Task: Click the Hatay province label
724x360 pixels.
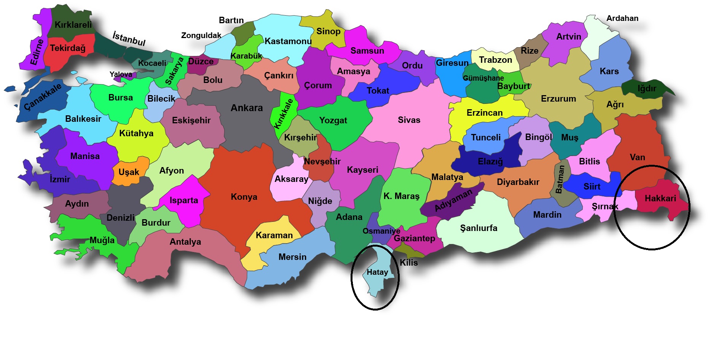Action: pyautogui.click(x=377, y=272)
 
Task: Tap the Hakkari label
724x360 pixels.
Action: pyautogui.click(x=660, y=198)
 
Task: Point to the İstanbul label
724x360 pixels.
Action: pyautogui.click(x=129, y=39)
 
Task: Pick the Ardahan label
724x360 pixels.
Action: pyautogui.click(x=622, y=18)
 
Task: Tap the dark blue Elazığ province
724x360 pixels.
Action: pyautogui.click(x=490, y=161)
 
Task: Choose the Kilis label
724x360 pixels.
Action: pyautogui.click(x=409, y=263)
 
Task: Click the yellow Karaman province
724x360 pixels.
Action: pyautogui.click(x=274, y=235)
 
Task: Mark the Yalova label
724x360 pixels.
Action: pyautogui.click(x=121, y=74)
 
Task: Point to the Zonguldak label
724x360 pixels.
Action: pyautogui.click(x=201, y=35)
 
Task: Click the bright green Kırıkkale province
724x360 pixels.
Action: pyautogui.click(x=284, y=113)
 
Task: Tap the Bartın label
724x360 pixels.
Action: pyautogui.click(x=231, y=20)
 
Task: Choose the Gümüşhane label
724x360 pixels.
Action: pyautogui.click(x=483, y=78)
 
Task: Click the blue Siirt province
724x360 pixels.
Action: pyautogui.click(x=592, y=186)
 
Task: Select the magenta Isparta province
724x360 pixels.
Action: pyautogui.click(x=183, y=200)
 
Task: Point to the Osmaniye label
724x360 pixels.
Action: pyautogui.click(x=381, y=231)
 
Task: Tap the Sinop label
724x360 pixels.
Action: pyautogui.click(x=328, y=31)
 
